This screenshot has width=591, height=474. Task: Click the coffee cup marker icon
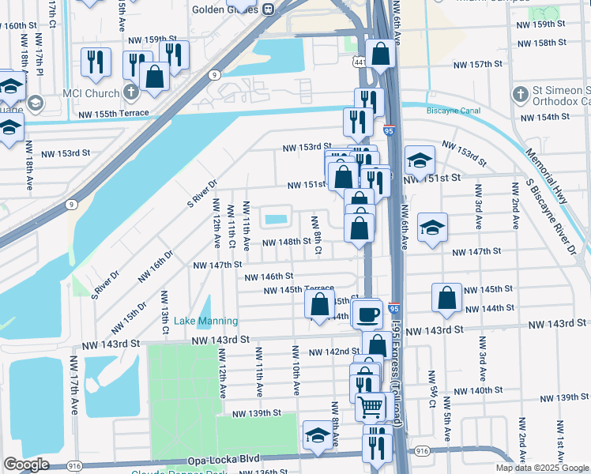pos(367,314)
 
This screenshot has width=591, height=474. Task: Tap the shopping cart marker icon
pos(370,408)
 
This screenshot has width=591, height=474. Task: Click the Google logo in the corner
pos(26,465)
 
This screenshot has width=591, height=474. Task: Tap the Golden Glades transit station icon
pos(269,9)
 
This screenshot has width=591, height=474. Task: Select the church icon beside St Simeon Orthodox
pos(519,94)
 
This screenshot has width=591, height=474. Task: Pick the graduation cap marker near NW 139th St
pos(318,435)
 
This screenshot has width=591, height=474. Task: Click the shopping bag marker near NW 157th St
pos(380,55)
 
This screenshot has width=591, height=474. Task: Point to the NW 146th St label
pos(269,276)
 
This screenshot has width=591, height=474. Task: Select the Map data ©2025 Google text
pos(543,468)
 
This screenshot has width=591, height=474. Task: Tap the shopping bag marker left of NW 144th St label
pos(319,305)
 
